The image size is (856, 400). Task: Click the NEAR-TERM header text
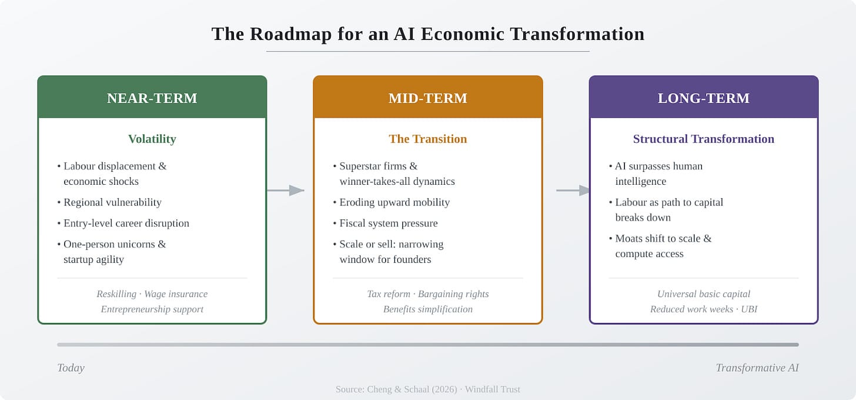coord(152,98)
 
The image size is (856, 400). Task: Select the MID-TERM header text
coord(427,98)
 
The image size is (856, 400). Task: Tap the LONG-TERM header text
coord(703,98)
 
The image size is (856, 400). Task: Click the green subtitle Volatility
coord(152,139)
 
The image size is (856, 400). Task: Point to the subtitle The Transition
coord(427,139)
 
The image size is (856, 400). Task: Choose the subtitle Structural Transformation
coord(703,139)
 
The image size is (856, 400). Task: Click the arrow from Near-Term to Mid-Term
coord(286,190)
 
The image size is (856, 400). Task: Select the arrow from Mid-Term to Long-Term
coord(573,190)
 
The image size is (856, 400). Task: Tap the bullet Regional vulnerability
coord(112,202)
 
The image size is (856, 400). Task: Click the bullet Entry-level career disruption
coord(126,224)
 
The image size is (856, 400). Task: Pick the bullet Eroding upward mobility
coord(394,202)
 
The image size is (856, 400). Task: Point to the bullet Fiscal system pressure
coord(389,224)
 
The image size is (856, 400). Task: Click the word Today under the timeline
coord(71,368)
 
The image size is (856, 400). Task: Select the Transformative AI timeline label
coord(757,368)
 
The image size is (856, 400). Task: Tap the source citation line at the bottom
coord(427,389)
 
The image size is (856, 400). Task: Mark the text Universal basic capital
coord(703,294)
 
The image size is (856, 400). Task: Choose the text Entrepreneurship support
coord(152,309)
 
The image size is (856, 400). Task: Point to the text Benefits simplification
coord(427,309)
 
